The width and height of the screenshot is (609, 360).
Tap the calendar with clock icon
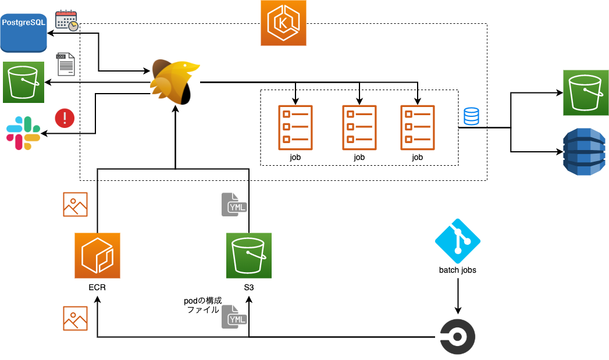pos(66,20)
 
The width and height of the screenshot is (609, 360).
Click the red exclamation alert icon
pos(65,118)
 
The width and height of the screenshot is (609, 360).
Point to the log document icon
pos(65,64)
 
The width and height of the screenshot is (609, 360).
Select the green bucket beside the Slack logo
pos(23,82)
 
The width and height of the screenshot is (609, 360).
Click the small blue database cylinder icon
pos(471,116)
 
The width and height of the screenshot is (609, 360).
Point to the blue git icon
pos(457,241)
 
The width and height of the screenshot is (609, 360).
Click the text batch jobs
pos(457,270)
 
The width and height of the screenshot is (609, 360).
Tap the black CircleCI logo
pos(457,337)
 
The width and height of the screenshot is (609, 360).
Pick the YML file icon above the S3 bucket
pos(234,205)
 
